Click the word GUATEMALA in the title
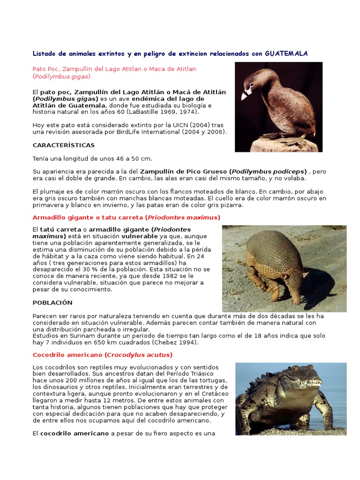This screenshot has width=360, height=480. click(286, 53)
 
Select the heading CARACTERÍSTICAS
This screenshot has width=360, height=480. click(63, 145)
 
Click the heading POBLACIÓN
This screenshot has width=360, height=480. click(52, 302)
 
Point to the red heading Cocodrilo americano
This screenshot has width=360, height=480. click(103, 354)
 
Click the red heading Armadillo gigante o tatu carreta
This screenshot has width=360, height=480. click(126, 217)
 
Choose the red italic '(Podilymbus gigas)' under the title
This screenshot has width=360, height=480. click(61, 76)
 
